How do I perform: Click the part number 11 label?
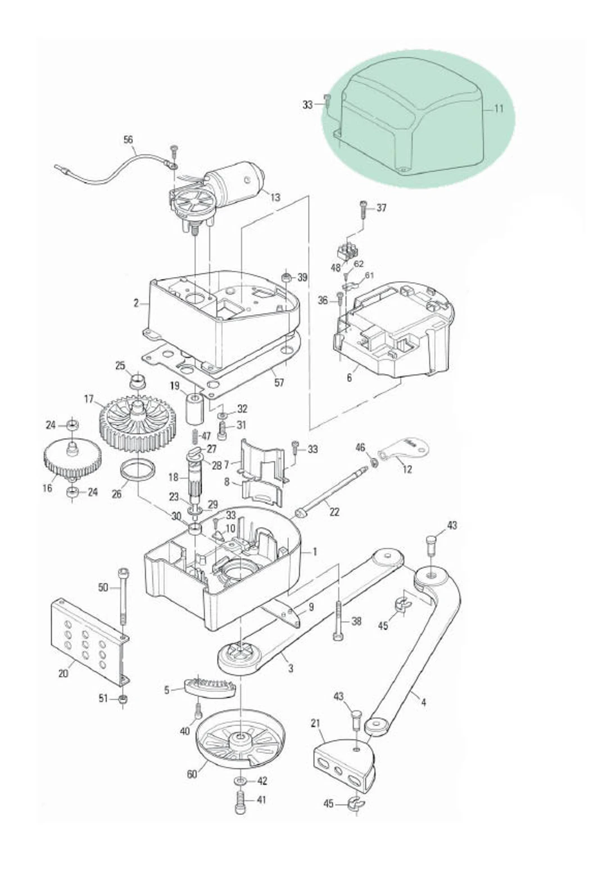[x=499, y=108]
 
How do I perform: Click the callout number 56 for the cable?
[x=129, y=139]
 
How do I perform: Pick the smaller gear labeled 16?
[x=72, y=458]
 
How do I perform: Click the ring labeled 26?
[x=138, y=470]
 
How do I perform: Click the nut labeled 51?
[x=124, y=699]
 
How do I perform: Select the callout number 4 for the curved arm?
[x=423, y=702]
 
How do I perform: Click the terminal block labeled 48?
[x=348, y=251]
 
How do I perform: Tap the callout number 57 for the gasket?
[x=279, y=383]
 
